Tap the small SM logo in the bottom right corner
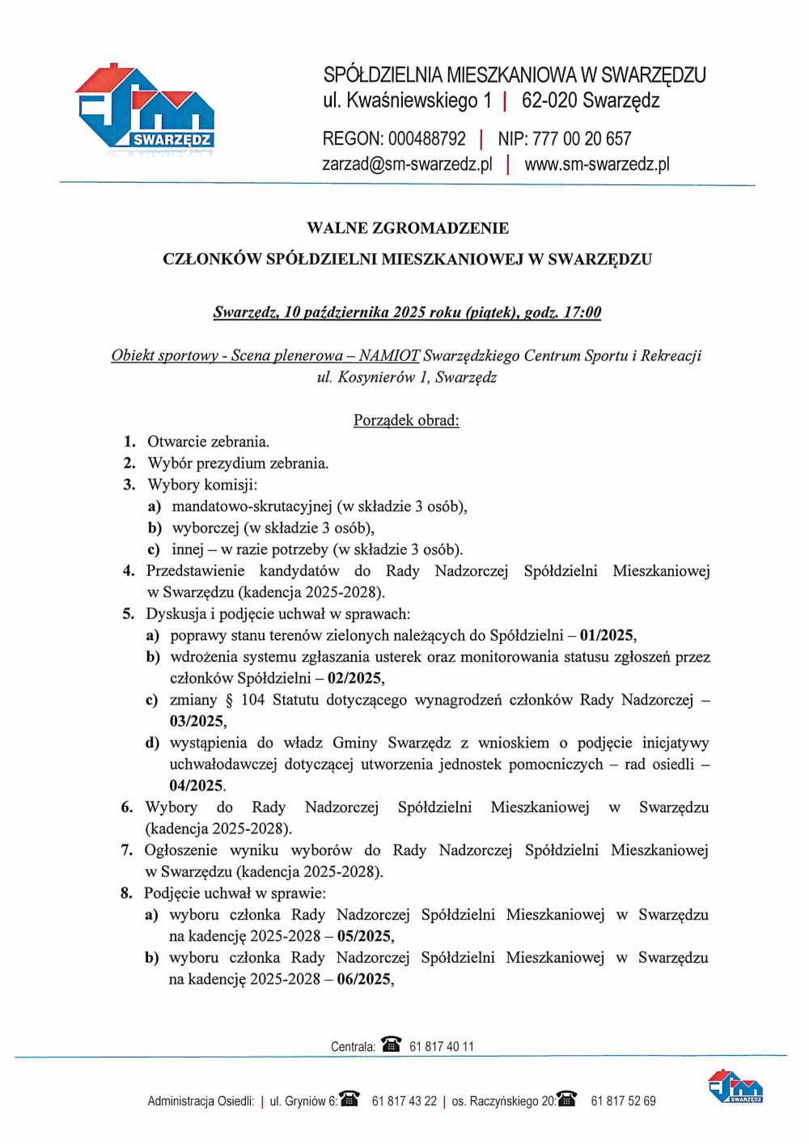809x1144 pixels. click(x=735, y=1086)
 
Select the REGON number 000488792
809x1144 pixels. click(x=426, y=138)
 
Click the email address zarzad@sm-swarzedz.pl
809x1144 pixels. click(x=407, y=164)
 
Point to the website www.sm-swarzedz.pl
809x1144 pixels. click(x=597, y=164)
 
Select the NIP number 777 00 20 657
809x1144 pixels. click(x=581, y=138)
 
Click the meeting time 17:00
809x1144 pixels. click(x=582, y=312)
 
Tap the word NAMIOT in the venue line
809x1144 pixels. click(x=389, y=355)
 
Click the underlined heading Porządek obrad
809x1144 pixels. click(x=406, y=420)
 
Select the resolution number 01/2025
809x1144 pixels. click(x=607, y=635)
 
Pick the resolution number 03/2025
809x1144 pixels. click(x=197, y=721)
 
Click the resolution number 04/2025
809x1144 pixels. click(x=197, y=786)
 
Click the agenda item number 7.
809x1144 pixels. click(x=127, y=850)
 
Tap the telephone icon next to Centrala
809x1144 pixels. click(x=392, y=1044)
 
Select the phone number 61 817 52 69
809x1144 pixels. click(x=623, y=1101)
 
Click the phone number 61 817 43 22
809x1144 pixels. click(x=404, y=1101)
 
